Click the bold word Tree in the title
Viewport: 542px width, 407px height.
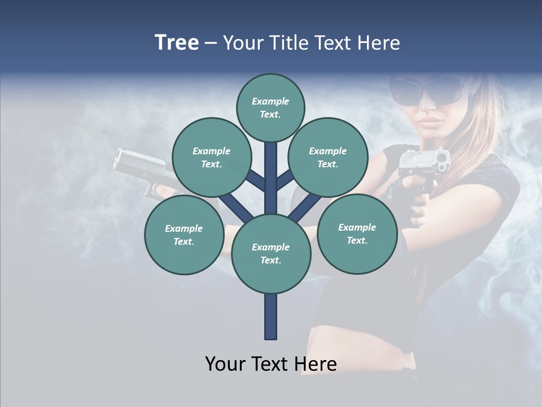pos(177,43)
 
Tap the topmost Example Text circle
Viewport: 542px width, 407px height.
pos(270,107)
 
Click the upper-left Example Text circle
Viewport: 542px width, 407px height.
pos(211,157)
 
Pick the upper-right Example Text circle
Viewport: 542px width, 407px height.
pos(328,157)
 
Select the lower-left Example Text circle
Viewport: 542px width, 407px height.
pos(183,235)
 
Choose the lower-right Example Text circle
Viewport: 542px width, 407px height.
pos(357,233)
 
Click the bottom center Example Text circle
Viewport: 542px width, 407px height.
pos(270,253)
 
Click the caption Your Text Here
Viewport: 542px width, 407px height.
pos(270,364)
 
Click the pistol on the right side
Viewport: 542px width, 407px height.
pos(423,164)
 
